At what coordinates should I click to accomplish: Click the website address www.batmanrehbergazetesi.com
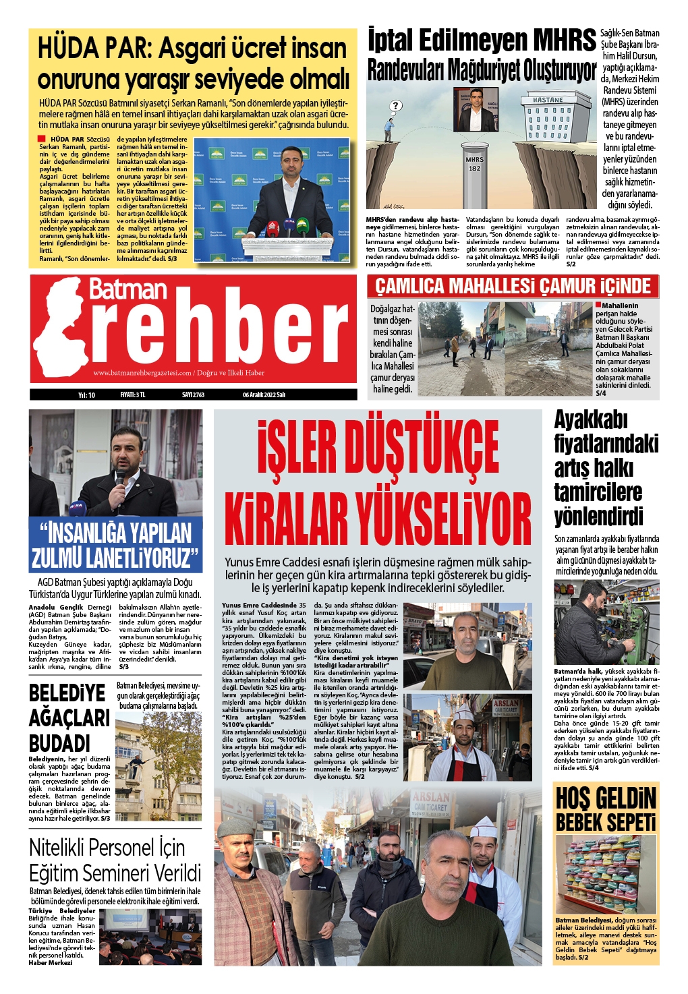(142, 373)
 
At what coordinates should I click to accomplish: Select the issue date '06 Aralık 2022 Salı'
(264, 395)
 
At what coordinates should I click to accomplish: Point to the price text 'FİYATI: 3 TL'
(133, 395)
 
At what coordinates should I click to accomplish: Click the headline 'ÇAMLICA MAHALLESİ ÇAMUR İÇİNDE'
(513, 287)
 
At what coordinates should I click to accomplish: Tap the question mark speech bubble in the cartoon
(396, 106)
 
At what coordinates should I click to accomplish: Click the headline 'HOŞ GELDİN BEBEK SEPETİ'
(606, 809)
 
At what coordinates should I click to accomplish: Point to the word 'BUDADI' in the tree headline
(59, 743)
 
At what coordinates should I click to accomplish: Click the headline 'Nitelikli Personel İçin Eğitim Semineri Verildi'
(115, 860)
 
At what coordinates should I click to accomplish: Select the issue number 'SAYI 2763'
(193, 395)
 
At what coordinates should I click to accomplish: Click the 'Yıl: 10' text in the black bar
(86, 395)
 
